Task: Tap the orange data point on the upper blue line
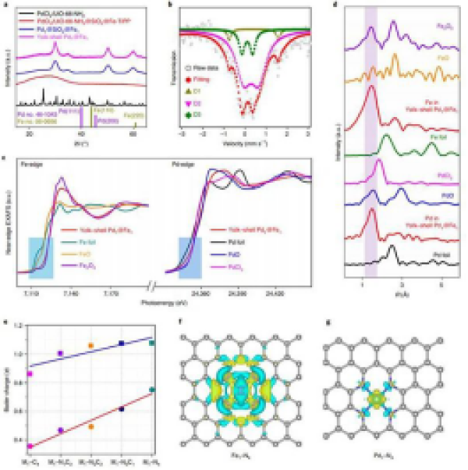90,345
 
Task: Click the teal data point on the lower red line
151,390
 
